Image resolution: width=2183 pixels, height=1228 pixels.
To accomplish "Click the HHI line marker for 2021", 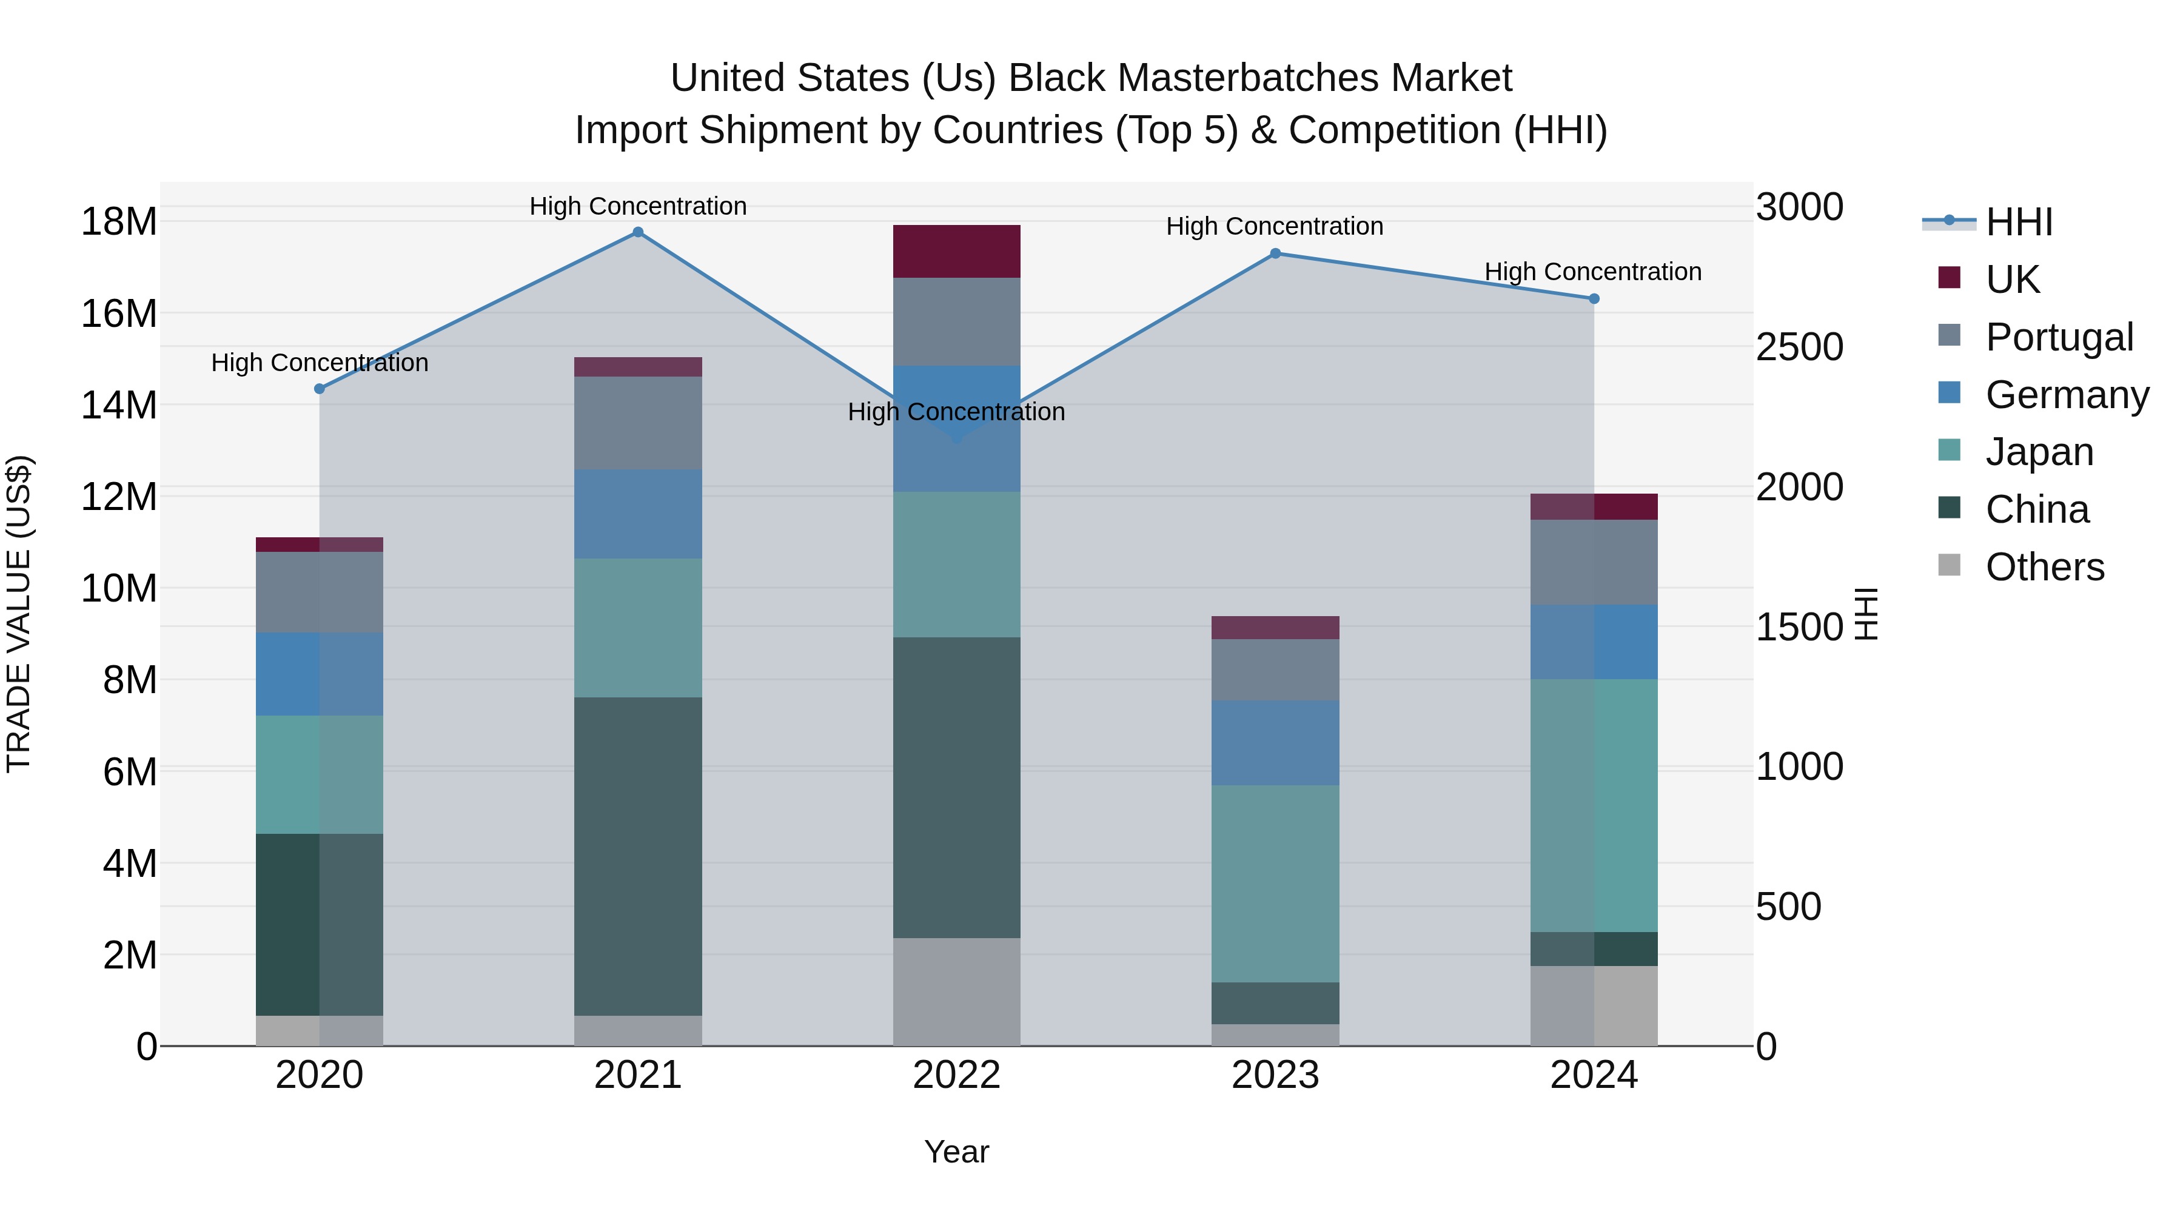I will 638,232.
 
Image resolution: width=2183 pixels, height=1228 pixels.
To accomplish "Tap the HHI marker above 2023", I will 1275,253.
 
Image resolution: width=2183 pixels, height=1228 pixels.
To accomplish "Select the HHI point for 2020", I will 320,389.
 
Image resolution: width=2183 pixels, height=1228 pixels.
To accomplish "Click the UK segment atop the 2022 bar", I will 957,251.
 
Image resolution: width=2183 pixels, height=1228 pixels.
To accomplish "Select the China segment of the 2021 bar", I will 638,856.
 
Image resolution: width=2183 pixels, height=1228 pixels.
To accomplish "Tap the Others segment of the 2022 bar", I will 957,991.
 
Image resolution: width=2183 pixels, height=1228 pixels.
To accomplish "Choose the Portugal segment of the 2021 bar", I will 638,423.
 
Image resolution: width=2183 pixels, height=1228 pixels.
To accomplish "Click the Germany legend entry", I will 2066,395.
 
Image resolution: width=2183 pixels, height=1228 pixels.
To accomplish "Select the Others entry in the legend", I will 2044,567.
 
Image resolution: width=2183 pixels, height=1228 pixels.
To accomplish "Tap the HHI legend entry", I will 2019,222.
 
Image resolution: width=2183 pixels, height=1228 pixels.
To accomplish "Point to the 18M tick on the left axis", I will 119,222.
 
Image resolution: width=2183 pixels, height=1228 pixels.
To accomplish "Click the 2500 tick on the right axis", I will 1799,347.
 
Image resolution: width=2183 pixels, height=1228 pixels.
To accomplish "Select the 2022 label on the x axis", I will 957,1075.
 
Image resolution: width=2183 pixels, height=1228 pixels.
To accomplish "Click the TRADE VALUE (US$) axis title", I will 19,614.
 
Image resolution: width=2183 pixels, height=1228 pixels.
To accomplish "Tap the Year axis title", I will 957,1152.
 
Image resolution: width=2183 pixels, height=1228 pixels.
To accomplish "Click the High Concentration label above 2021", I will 638,206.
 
